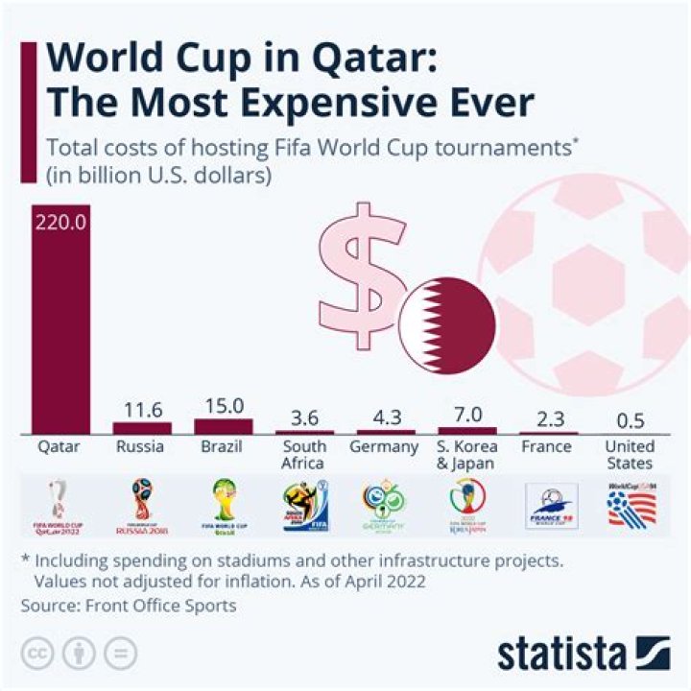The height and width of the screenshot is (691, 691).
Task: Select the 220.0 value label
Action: tap(61, 222)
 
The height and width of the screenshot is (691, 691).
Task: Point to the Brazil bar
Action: tap(224, 425)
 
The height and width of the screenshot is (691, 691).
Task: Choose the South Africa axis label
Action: tap(304, 455)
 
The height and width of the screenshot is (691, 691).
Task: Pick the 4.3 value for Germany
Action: tap(386, 417)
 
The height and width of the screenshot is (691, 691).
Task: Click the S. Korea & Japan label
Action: tap(466, 455)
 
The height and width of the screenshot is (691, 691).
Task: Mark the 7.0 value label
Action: tap(466, 416)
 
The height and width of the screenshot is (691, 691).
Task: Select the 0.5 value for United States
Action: tap(629, 420)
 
